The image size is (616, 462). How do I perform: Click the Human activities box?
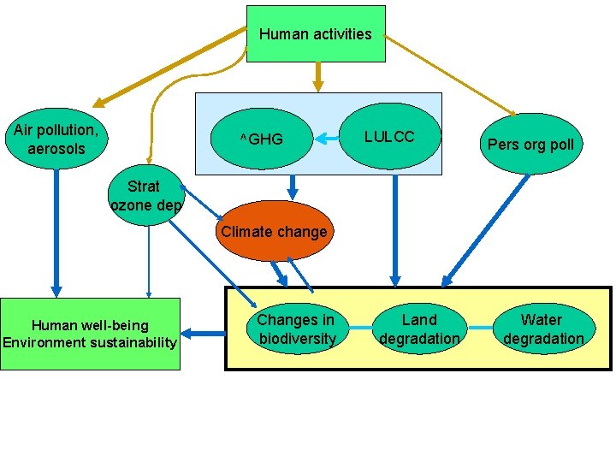(x=316, y=34)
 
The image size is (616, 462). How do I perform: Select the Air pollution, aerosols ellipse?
(x=56, y=139)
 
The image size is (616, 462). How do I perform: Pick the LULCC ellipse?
(x=389, y=137)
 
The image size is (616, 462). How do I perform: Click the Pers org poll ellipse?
(x=530, y=144)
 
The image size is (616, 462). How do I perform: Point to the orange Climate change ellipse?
(x=273, y=231)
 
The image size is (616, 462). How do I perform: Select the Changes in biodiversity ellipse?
(x=296, y=329)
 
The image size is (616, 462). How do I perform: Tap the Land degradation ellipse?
(x=419, y=329)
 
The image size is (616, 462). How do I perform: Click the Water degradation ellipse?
(x=542, y=329)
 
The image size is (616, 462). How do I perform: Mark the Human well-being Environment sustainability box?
(x=90, y=334)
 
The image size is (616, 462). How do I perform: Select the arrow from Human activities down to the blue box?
(x=317, y=76)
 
